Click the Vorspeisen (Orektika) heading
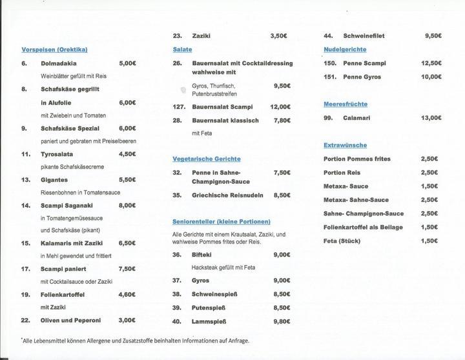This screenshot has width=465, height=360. (x=54, y=50)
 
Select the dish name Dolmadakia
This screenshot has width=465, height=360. (x=59, y=64)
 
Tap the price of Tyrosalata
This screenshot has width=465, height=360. (x=127, y=154)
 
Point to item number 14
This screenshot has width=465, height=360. (x=26, y=206)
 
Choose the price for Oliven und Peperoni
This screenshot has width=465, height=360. (x=127, y=320)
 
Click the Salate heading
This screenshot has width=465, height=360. (x=182, y=50)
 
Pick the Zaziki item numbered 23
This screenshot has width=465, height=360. (x=201, y=36)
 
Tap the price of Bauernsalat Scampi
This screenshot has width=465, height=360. (x=280, y=107)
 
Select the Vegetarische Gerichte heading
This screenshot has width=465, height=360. (x=207, y=159)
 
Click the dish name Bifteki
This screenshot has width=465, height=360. (x=201, y=255)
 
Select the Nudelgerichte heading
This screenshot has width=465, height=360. (x=345, y=50)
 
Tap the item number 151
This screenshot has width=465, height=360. (x=330, y=77)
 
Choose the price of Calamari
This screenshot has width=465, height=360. (x=431, y=118)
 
